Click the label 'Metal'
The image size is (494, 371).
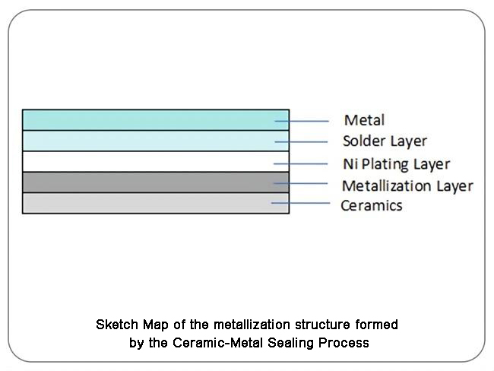[364, 120]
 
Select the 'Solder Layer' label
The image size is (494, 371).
[385, 141]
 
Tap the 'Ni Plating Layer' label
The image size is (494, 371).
[396, 164]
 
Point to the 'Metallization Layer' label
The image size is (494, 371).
[407, 185]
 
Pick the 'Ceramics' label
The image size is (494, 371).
[372, 205]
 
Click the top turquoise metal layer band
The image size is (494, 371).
[156, 120]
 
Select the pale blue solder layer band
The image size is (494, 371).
[156, 141]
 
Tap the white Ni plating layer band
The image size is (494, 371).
[156, 162]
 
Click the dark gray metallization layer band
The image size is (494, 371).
[156, 182]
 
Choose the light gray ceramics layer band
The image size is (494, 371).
[156, 203]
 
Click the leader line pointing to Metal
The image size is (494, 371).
[302, 121]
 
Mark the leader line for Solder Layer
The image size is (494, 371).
[301, 142]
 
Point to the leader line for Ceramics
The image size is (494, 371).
[300, 203]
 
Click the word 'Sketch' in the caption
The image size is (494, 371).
[117, 325]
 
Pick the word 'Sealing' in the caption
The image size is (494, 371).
[290, 343]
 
